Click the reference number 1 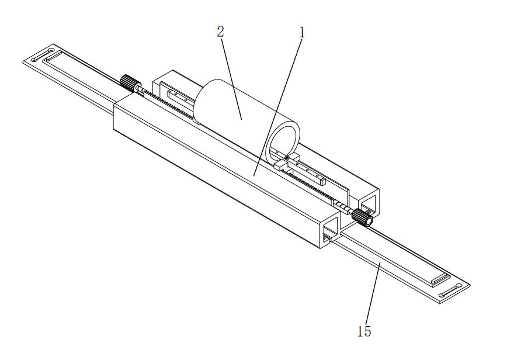(x=302, y=33)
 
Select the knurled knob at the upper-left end (x=128, y=82)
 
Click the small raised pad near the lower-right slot (x=439, y=281)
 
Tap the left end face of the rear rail (x=161, y=82)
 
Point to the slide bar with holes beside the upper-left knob (x=175, y=95)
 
